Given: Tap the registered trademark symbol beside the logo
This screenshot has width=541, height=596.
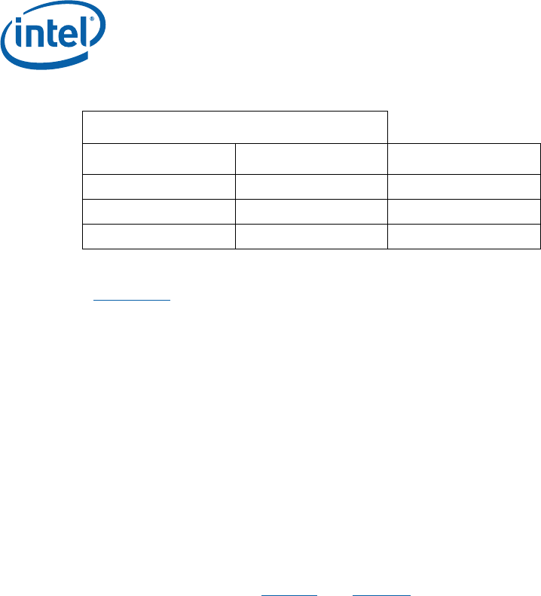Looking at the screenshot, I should coord(92,17).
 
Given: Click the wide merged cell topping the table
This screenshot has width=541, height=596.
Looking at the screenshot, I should coord(234,127).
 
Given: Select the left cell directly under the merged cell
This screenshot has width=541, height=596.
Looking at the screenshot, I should coord(158,158).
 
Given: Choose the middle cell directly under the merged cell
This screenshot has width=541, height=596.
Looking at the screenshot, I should coord(311,158).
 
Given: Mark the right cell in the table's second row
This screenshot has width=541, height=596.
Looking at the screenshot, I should coord(464,158).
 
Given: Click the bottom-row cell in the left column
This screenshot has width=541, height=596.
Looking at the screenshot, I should coord(158,237).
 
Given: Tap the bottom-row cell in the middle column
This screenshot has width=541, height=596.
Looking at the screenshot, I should coord(311,237).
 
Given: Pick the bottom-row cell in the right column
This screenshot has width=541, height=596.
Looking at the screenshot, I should coord(464,237).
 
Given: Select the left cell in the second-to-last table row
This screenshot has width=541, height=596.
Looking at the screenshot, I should coord(158,211).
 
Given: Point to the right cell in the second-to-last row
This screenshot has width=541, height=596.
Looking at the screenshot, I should coord(464,211).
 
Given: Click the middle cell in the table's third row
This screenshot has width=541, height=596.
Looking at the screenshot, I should coord(311,185).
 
